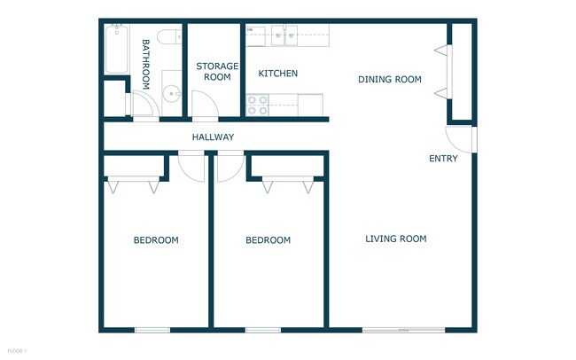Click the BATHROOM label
146,62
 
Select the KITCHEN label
277,74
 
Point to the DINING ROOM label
389,80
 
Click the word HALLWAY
213,137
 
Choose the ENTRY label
443,159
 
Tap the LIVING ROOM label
396,239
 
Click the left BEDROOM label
156,240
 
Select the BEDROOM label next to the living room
268,240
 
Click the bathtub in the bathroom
117,50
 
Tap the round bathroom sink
170,94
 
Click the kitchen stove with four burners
258,106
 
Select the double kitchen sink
284,35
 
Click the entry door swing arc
458,138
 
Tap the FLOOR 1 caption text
16,351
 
